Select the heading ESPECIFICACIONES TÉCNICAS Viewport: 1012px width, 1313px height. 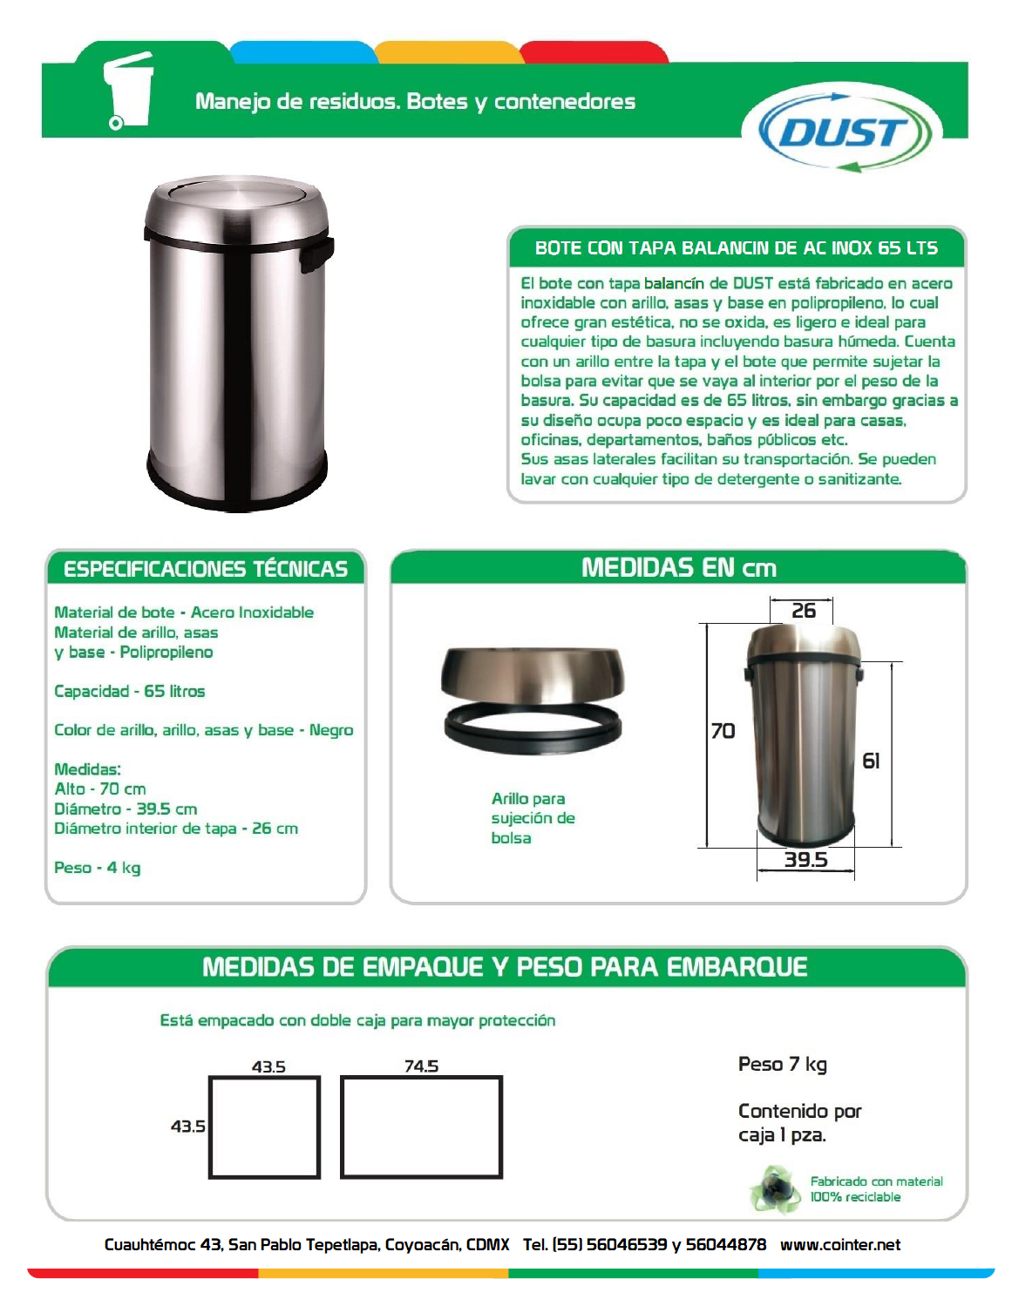pos(206,569)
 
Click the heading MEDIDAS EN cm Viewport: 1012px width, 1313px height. pos(678,568)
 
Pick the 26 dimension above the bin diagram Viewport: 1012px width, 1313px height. pos(803,611)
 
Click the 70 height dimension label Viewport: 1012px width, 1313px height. pos(723,731)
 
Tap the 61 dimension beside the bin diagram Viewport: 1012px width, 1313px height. pos(871,761)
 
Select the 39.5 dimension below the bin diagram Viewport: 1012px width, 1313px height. pos(805,860)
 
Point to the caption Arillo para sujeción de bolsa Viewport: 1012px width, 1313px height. pos(533,818)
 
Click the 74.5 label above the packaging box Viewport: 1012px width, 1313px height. pos(421,1066)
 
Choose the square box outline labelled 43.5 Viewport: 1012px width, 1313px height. pos(265,1127)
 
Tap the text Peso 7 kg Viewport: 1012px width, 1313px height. pos(782,1064)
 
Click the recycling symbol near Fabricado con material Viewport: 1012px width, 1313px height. pos(774,1189)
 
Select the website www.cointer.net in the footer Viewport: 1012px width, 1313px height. pos(839,1245)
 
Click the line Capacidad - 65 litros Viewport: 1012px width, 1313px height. pos(130,691)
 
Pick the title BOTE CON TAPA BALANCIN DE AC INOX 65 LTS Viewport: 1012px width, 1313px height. pos(736,248)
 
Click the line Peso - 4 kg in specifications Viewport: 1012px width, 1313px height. pos(98,868)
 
